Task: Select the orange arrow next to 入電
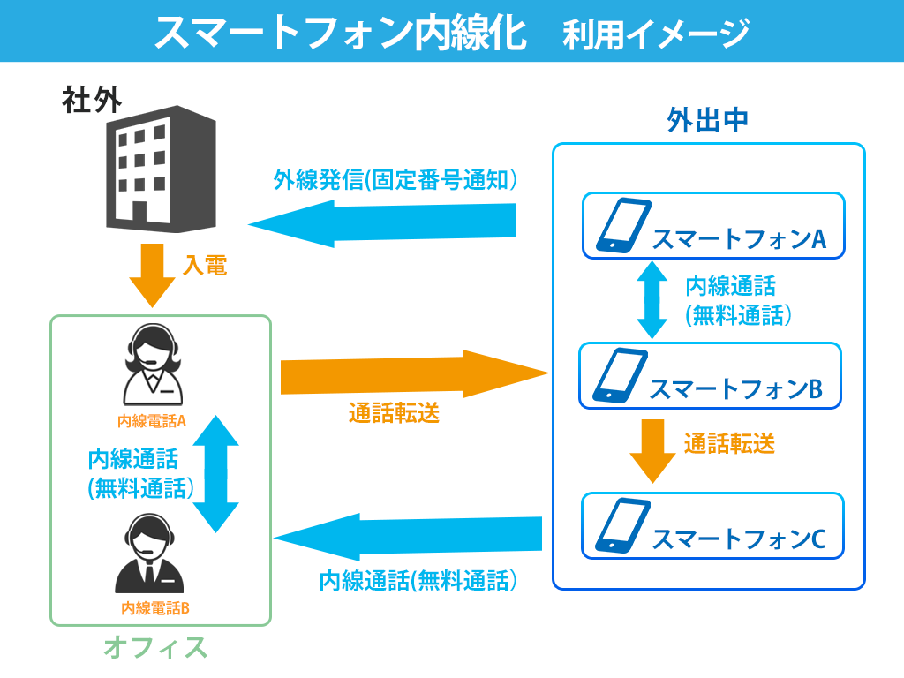tap(152, 275)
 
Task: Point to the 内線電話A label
tap(152, 421)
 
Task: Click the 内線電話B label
tap(155, 607)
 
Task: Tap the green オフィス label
tap(155, 648)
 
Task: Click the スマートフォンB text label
tap(734, 389)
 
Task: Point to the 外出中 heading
tap(708, 121)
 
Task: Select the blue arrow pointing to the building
tap(382, 222)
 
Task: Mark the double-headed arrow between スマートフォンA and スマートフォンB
tap(652, 298)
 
